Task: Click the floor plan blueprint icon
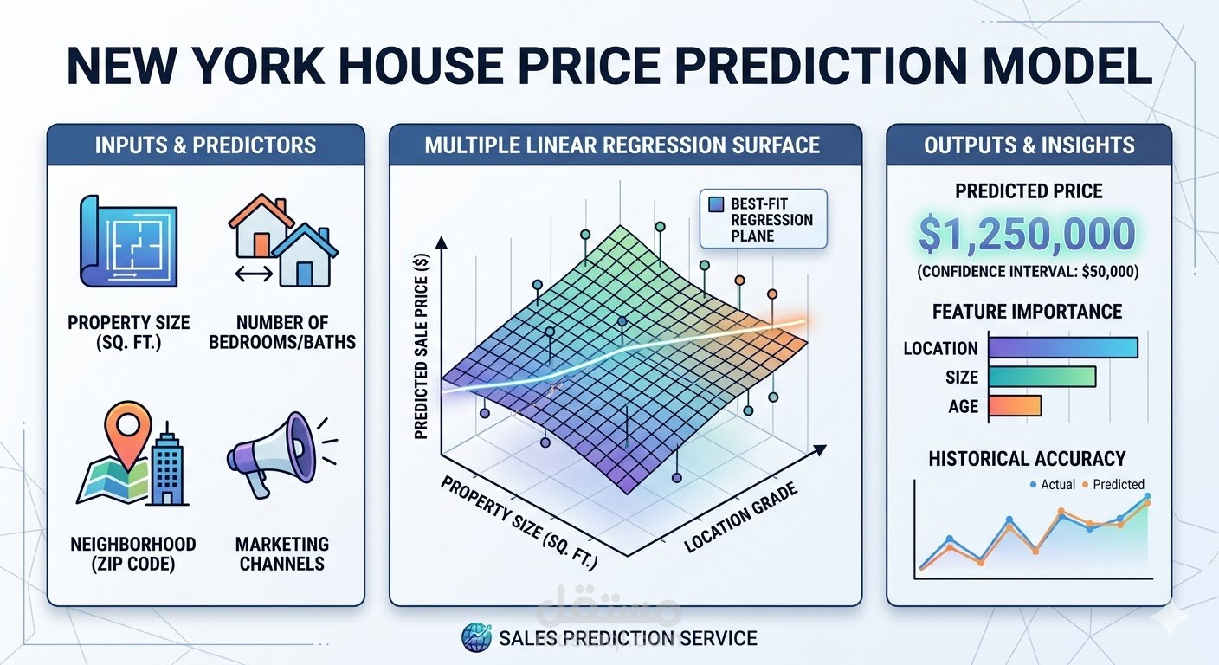(x=128, y=240)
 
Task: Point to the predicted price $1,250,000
(x=1028, y=234)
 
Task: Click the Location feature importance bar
(x=1062, y=348)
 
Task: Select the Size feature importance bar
(x=1042, y=378)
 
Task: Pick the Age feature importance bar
(x=1014, y=406)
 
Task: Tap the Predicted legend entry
(x=1118, y=485)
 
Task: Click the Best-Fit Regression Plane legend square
(x=716, y=205)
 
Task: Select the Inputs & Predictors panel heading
(x=205, y=145)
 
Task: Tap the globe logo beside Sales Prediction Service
(x=477, y=638)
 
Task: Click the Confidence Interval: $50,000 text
(x=1028, y=272)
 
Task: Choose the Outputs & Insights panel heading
(x=1029, y=145)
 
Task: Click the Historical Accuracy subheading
(x=1027, y=458)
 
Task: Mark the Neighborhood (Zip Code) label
(x=132, y=553)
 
